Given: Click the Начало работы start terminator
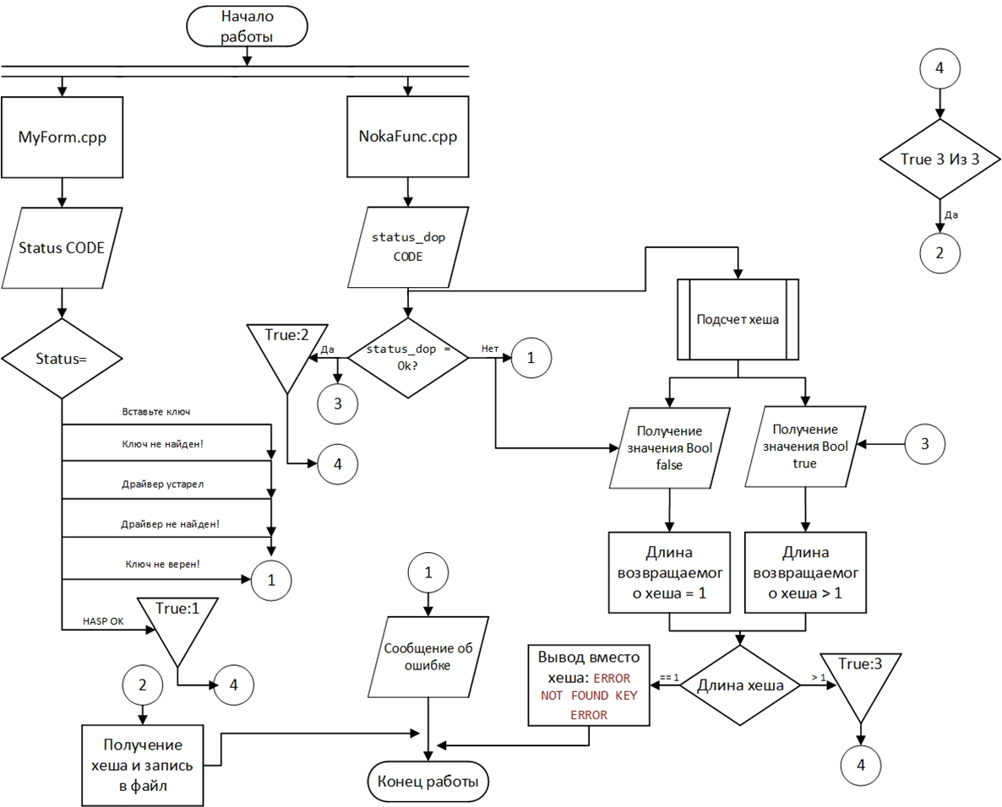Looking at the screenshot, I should click(247, 26).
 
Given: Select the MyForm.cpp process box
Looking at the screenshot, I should click(63, 138).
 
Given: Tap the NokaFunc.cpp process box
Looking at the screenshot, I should click(409, 138).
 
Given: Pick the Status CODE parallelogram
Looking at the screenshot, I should click(63, 248).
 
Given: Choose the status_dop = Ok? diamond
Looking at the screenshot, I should click(408, 358).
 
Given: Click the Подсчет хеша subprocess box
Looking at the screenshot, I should click(738, 320).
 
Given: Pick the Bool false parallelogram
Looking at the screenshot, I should click(670, 447).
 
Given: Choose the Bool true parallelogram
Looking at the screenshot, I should click(804, 447).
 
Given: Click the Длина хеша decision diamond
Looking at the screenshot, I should click(739, 685).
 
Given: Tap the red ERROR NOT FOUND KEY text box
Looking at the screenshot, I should click(588, 685).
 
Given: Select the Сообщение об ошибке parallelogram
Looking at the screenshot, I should click(427, 656).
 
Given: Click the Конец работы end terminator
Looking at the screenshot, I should click(427, 782).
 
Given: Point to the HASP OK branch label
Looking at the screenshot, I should click(103, 620).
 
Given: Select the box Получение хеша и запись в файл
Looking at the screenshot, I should click(143, 765).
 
